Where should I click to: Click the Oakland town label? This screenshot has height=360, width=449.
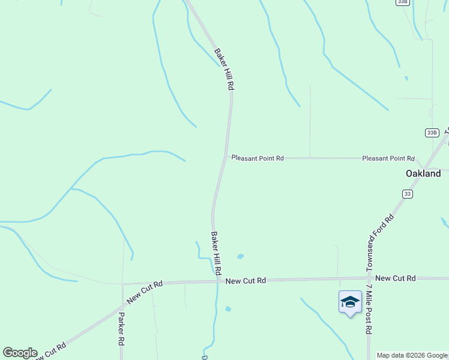point(423,173)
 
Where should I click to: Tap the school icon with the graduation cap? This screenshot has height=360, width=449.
point(350,302)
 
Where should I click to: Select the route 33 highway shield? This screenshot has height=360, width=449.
point(408,194)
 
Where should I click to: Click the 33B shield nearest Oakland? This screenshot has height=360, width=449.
point(432,132)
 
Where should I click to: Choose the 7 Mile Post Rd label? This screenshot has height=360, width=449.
point(369,309)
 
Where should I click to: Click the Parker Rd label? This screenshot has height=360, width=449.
point(121,329)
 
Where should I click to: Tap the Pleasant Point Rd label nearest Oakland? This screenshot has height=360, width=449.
point(388,158)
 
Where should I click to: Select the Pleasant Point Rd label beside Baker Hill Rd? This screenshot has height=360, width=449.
point(258,158)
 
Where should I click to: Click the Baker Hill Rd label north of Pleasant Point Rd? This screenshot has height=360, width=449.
point(223,69)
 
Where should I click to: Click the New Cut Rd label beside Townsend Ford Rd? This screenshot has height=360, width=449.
point(395,278)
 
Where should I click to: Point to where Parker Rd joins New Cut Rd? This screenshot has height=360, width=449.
point(122,283)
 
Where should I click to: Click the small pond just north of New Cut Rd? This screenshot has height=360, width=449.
point(240,256)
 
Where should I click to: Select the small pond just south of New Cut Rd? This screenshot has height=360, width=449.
point(228,309)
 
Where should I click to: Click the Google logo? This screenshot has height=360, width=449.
point(20,353)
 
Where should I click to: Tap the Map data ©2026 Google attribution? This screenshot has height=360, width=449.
point(412,355)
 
